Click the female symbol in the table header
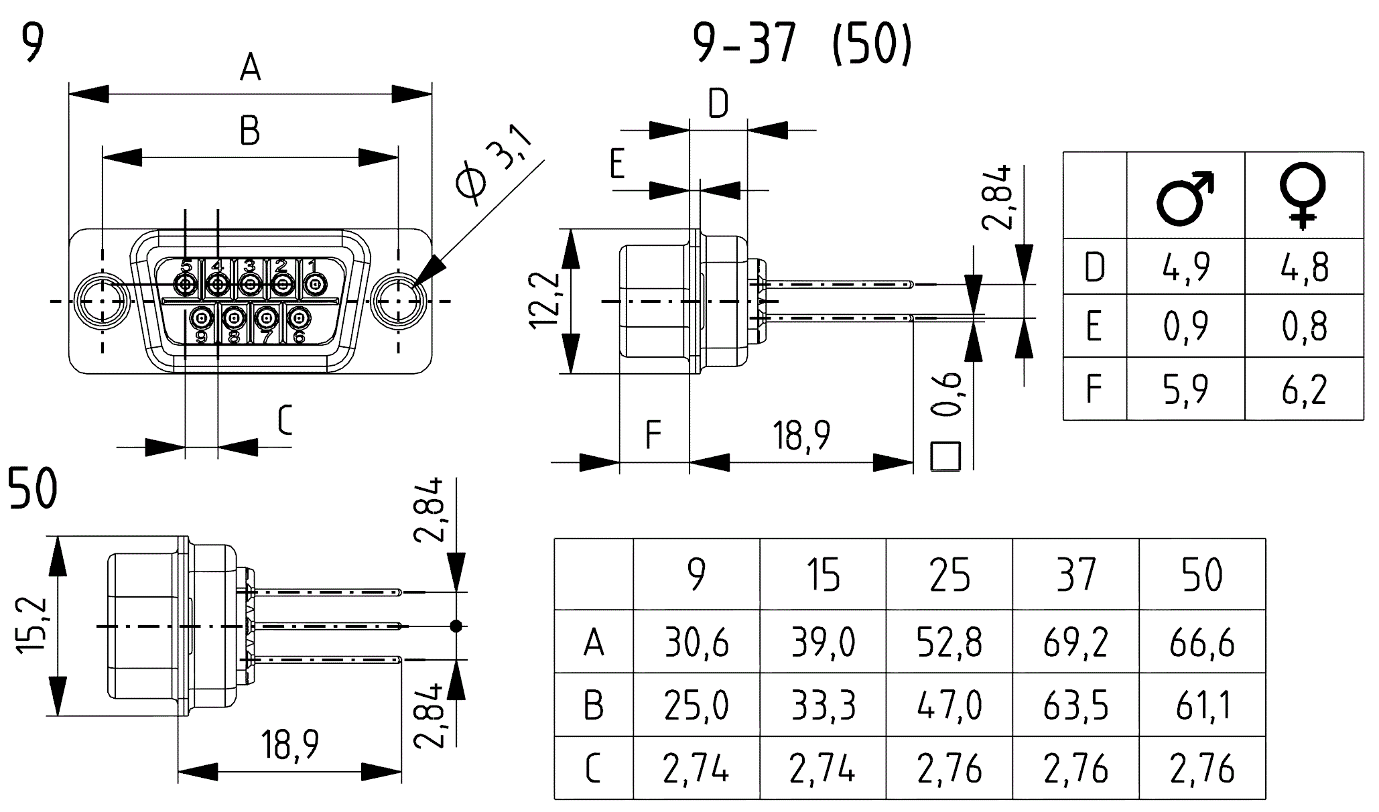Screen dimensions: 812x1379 click(1303, 196)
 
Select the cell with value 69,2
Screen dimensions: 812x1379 click(1075, 642)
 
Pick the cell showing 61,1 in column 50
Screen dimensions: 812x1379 click(1202, 705)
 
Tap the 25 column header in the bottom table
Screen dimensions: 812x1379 click(949, 575)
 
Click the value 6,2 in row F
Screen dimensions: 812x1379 click(1303, 389)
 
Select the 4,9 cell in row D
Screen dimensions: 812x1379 click(1185, 267)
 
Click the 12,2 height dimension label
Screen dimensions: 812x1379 click(543, 300)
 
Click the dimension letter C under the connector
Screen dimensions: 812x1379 click(284, 421)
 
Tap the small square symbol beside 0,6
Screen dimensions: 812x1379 click(945, 456)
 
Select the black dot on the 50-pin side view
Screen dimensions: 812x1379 click(456, 626)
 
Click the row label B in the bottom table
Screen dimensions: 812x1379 click(593, 705)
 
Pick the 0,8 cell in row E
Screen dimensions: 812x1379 click(1303, 327)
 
